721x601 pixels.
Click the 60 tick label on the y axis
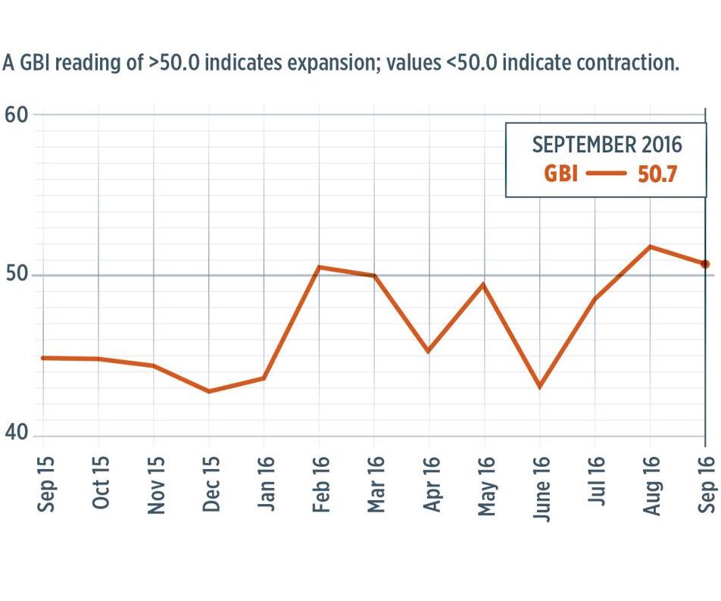pos(16,115)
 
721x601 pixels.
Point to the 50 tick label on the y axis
pos(16,274)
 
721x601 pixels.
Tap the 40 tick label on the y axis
pos(16,434)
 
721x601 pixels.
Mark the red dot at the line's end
pos(705,264)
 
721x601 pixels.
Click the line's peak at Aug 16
pos(650,246)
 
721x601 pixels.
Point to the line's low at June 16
pos(539,387)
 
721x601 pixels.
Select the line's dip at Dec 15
pos(208,391)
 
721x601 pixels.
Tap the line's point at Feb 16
pos(319,267)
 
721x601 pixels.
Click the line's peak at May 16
pos(484,284)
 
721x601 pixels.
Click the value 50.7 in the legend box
pos(657,174)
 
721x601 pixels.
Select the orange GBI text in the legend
pos(561,174)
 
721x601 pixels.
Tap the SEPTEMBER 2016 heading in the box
pos(607,144)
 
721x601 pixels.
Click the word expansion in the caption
pos(329,63)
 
